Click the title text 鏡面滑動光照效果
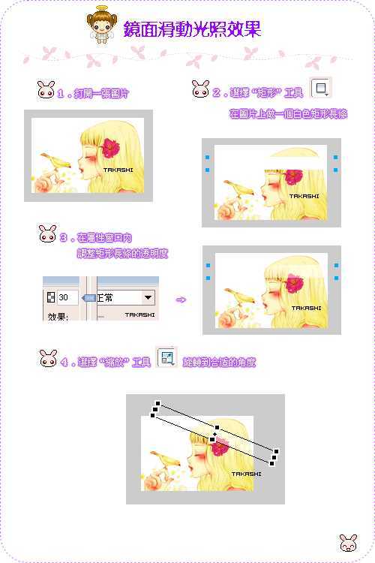[192, 29]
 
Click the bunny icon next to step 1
[45, 91]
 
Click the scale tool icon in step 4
[166, 358]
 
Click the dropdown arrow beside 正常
[147, 297]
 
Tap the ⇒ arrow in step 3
[180, 300]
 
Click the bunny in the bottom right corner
[347, 543]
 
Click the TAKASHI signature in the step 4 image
[246, 474]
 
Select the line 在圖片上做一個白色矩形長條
[288, 114]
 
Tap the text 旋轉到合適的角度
[219, 362]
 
